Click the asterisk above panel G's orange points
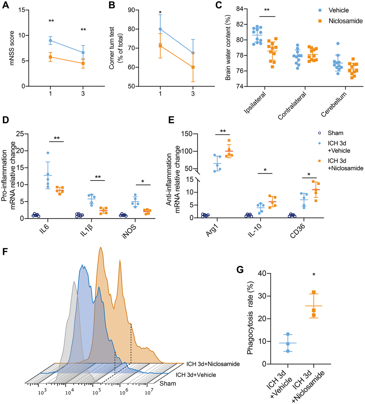click(x=313, y=275)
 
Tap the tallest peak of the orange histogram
click(x=101, y=247)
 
